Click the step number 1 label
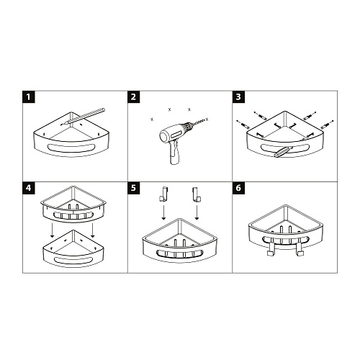[29, 97]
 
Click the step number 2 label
[133, 97]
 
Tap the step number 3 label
[238, 97]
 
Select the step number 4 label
[29, 188]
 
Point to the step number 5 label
[133, 188]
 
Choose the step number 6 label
[238, 188]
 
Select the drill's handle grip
[174, 153]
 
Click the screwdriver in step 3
[283, 152]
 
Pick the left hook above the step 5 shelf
[163, 194]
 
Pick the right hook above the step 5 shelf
[197, 194]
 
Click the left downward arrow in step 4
[52, 230]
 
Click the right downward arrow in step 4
[92, 230]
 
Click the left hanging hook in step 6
[271, 247]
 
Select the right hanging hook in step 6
[300, 247]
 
